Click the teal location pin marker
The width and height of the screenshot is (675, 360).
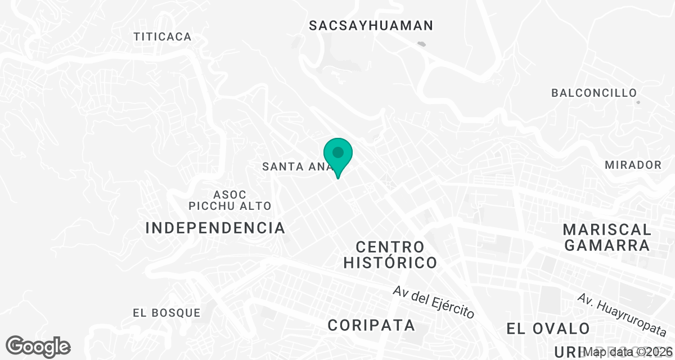pos(338,158)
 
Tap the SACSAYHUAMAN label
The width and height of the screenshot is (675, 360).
pos(371,25)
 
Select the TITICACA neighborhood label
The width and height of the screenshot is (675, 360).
pos(163,37)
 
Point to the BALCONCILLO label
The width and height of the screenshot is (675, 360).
pos(594,93)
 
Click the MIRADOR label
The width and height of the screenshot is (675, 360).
pos(633,165)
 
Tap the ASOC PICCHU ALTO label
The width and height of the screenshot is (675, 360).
pos(229,200)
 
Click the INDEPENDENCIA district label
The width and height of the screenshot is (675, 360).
pos(215,228)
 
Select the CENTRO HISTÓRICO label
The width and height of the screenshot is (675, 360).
pos(390,254)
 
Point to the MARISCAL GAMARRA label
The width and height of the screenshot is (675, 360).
pos(607,237)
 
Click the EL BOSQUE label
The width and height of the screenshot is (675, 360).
pos(166,313)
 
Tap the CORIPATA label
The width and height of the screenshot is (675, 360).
pos(371,325)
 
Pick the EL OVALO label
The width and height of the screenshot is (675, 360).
pos(548,328)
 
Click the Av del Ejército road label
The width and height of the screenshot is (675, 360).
pos(434,302)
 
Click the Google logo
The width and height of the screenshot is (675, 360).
pos(38,346)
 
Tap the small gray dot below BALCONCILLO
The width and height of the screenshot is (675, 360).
pos(637,102)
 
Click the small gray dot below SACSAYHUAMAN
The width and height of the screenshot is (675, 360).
pos(421,43)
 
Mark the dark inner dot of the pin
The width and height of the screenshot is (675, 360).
pos(338,152)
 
